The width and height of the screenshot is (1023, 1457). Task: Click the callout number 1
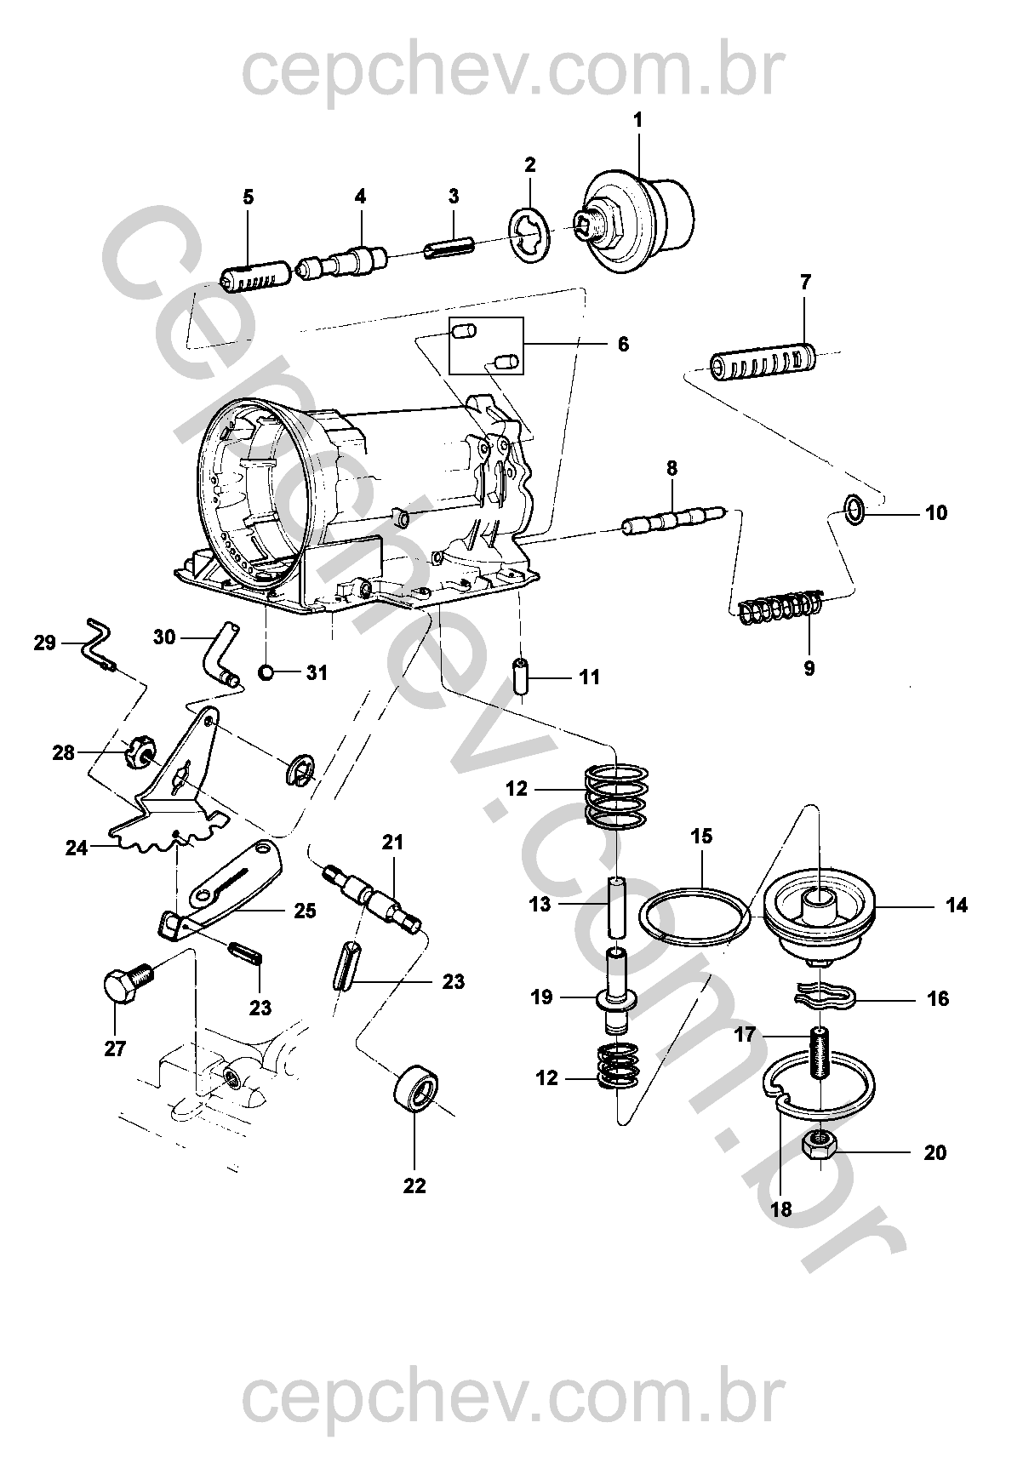point(637,121)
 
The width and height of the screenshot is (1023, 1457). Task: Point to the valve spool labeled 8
point(674,519)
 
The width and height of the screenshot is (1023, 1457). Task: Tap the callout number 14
point(957,906)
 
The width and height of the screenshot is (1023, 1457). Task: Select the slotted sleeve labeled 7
point(763,361)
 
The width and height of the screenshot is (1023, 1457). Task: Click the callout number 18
point(780,1208)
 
